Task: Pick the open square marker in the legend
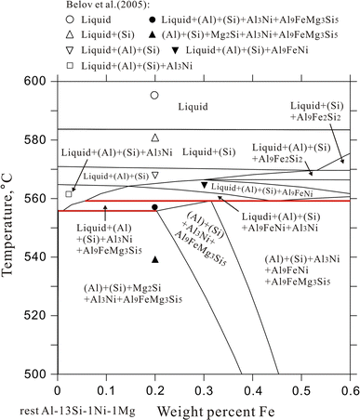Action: (x=69, y=65)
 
